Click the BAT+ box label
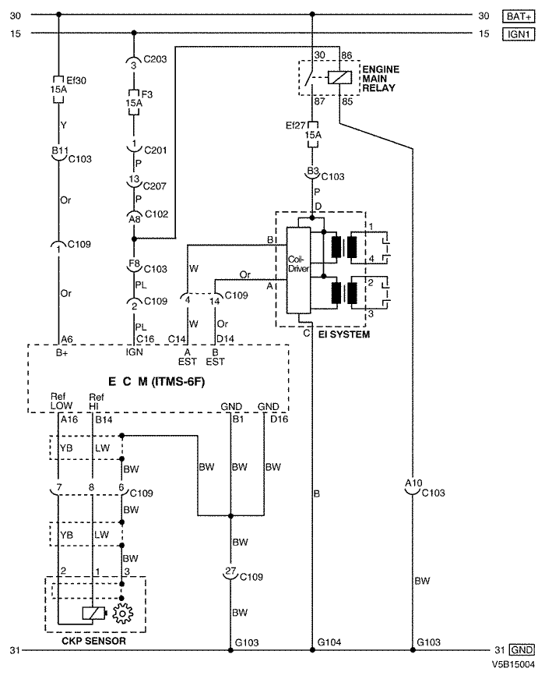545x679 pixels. point(519,16)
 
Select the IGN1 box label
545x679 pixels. point(519,34)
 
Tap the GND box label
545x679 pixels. point(522,650)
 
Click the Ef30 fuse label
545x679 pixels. point(76,80)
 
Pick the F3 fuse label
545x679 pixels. point(147,94)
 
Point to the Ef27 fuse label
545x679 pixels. point(295,126)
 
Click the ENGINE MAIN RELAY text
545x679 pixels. point(381,79)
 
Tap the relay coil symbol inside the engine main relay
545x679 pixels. point(339,77)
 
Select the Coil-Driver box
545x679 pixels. point(298,270)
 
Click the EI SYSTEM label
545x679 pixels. point(344,334)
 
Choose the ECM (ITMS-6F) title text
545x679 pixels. point(156,381)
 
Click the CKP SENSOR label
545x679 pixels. point(94,641)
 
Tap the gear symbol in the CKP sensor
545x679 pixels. point(123,614)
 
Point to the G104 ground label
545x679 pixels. point(329,642)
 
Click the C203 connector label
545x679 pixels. point(155,59)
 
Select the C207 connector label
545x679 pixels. point(154,186)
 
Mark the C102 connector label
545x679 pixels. point(156,214)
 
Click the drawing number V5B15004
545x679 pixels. point(513,664)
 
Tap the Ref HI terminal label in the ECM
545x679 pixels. point(97,401)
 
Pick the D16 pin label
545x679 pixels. point(279,419)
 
